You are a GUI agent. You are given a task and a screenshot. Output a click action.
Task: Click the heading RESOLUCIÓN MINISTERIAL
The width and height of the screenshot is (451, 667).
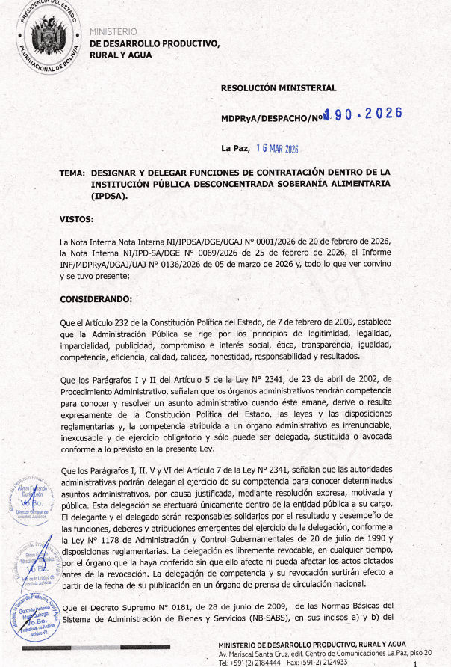coord(279,88)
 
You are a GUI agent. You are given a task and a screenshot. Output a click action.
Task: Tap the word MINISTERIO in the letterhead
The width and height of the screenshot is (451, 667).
coord(113,31)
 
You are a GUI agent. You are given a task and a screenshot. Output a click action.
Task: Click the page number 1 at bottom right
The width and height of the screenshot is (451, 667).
coord(424,662)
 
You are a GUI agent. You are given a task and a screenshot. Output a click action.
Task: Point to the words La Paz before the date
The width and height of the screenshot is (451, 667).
coord(234,148)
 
